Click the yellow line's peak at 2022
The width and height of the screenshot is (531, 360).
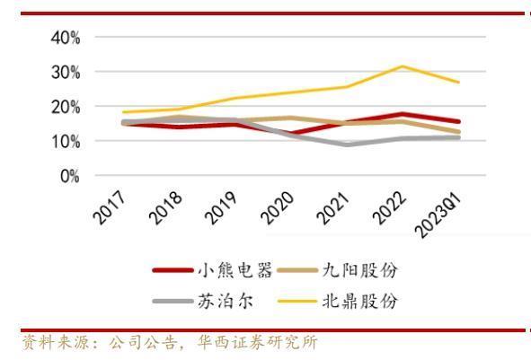[x=402, y=66]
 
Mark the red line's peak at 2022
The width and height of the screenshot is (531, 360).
[x=402, y=114]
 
